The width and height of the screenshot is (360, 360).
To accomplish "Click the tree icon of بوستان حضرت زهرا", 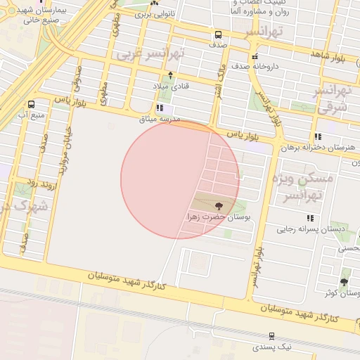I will coord(219,206).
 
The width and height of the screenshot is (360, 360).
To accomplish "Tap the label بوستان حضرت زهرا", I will coord(219,218).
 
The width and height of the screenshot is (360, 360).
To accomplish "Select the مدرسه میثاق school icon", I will coord(160,108).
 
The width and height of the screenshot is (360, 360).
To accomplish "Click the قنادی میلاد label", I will coord(167,85).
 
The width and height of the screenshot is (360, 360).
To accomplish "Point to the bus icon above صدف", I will coord(218,34).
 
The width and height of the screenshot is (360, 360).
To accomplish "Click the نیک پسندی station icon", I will coord(271,336).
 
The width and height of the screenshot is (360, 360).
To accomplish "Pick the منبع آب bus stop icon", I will coord(30,104).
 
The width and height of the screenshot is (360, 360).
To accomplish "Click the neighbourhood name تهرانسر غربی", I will coord(150,53).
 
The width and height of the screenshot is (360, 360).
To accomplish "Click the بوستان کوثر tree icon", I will coord(344,282).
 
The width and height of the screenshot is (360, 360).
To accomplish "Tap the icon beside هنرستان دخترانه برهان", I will coord(319,136).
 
